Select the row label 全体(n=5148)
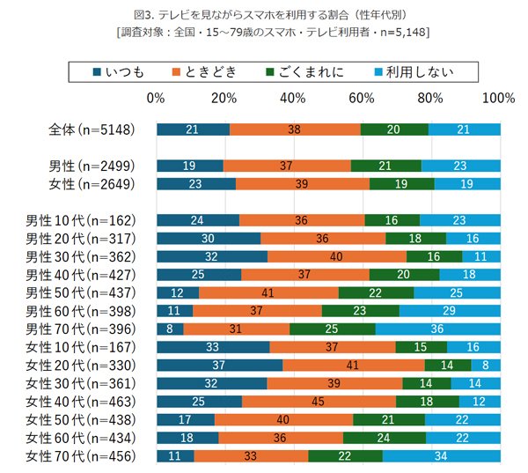[x=92, y=129]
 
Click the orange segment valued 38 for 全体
[x=295, y=129]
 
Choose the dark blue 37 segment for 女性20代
[x=220, y=364]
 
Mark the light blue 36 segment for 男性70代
[x=438, y=329]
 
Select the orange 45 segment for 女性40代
[x=319, y=401]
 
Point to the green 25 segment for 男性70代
[x=333, y=329]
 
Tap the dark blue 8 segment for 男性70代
[x=170, y=329]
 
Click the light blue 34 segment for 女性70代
[x=442, y=455]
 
